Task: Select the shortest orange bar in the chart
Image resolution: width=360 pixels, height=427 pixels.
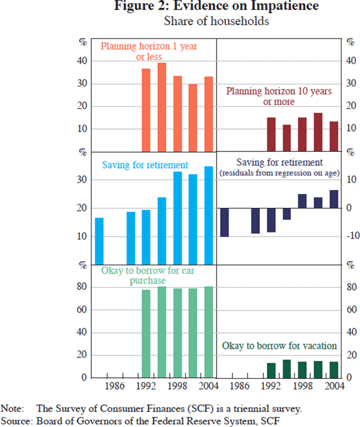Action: [193, 118]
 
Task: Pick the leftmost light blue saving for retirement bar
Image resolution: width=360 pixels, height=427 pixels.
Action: [99, 241]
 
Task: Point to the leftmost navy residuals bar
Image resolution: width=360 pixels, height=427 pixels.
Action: [224, 222]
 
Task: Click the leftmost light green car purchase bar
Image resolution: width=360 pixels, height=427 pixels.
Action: [146, 334]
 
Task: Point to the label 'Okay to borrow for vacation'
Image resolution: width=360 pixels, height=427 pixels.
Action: [279, 347]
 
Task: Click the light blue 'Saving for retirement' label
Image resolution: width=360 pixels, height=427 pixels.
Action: [145, 165]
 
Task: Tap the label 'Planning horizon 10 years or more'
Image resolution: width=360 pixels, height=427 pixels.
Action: [278, 96]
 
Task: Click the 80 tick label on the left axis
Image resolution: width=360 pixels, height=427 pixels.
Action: [84, 288]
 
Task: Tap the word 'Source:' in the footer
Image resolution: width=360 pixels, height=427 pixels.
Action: [18, 420]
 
